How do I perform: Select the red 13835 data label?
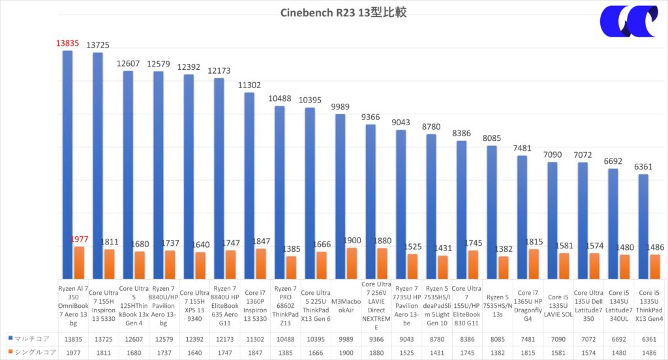[x=67, y=43]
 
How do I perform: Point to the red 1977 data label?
[x=79, y=239]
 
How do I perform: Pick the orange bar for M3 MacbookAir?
[x=350, y=263]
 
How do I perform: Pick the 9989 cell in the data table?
[x=345, y=338]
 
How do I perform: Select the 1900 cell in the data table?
[x=345, y=352]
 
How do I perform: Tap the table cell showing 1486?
[x=649, y=352]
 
